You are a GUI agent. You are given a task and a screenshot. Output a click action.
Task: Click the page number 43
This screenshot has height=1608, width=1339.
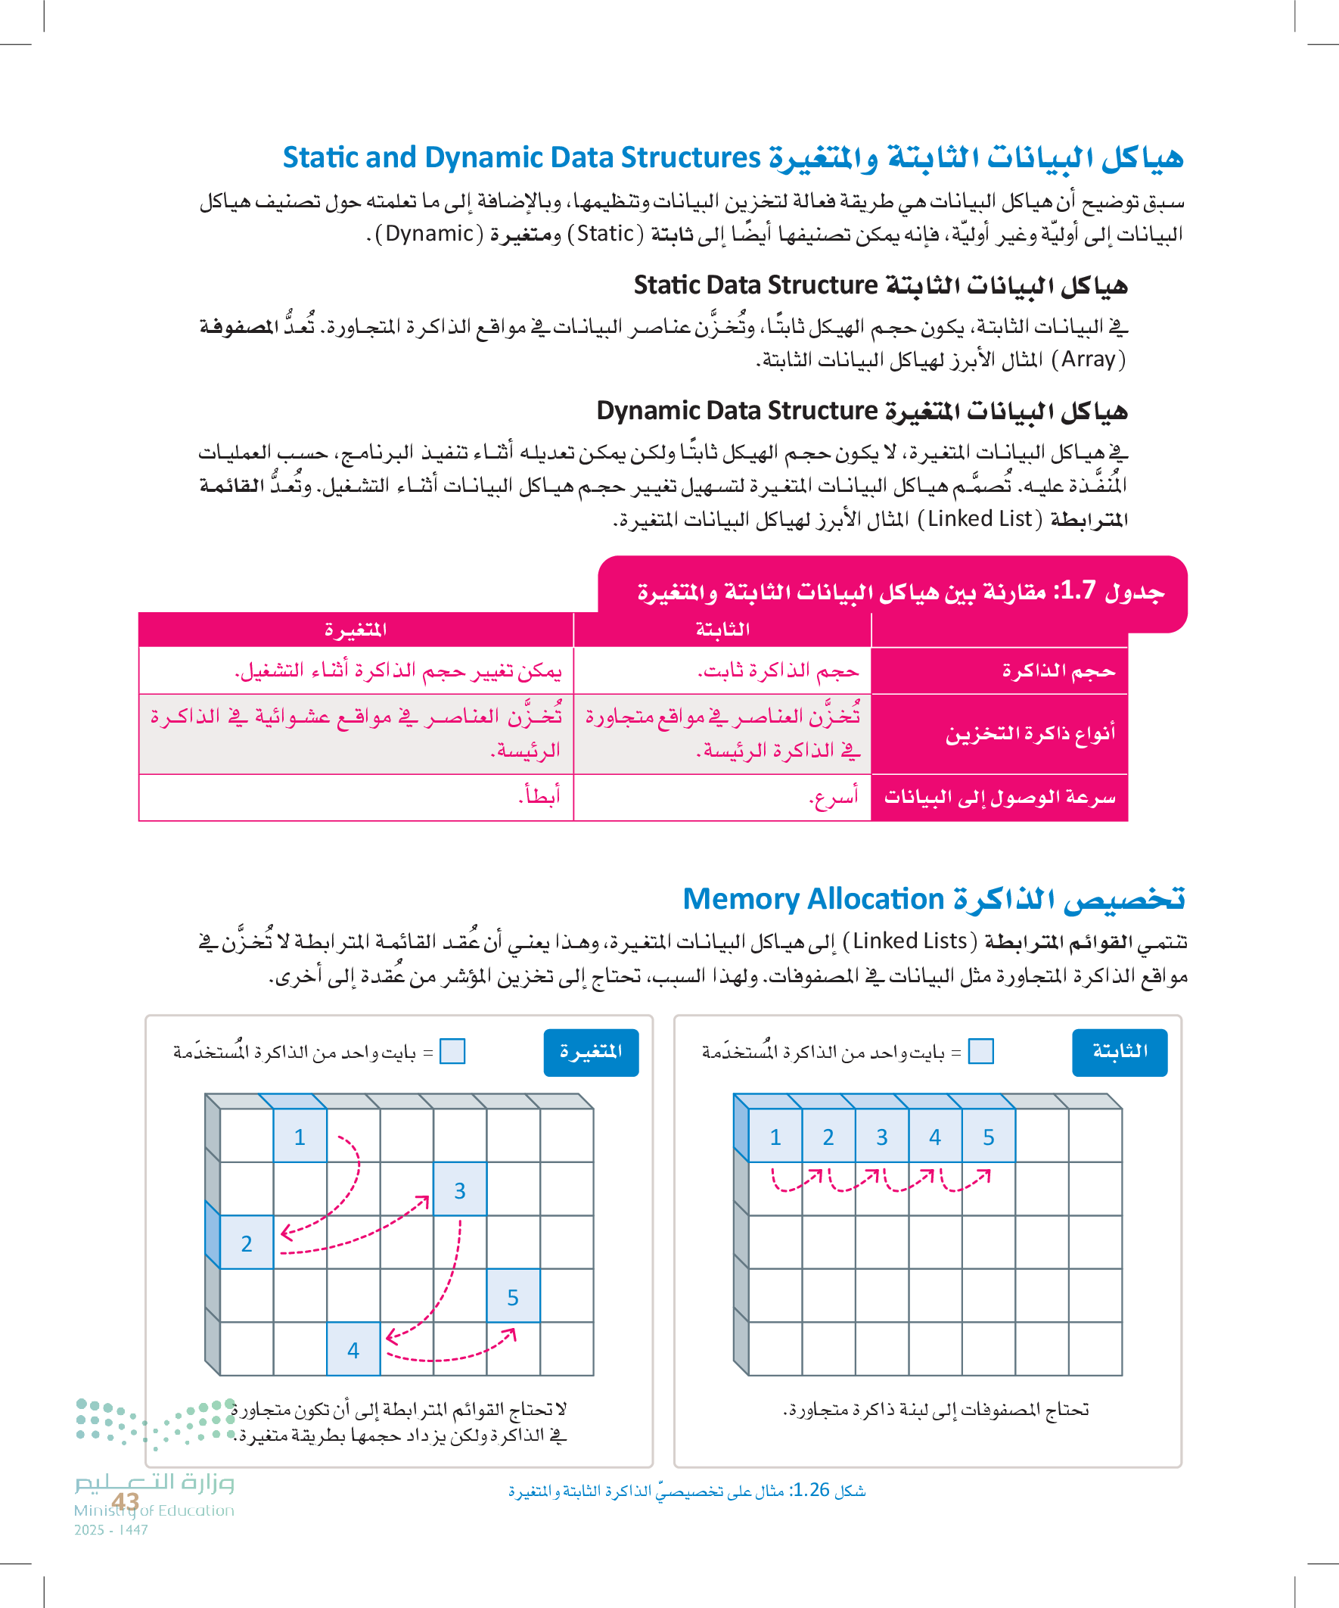[x=126, y=1501]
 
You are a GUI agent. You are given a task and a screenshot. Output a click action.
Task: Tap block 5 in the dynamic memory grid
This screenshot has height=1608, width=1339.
[x=513, y=1295]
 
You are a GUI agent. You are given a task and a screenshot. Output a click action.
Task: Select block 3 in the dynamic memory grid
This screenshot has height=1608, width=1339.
[x=459, y=1189]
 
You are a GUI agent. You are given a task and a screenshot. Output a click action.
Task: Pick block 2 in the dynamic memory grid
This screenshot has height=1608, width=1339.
[x=247, y=1243]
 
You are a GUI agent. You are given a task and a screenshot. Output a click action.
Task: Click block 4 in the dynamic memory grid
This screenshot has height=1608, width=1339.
[x=353, y=1349]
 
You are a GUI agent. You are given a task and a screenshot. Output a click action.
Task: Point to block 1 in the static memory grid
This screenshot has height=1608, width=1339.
[x=775, y=1137]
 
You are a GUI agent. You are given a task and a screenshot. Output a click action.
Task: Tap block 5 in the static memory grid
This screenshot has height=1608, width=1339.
[x=989, y=1137]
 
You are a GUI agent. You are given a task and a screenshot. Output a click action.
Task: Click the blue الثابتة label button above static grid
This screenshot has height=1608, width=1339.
[x=1120, y=1051]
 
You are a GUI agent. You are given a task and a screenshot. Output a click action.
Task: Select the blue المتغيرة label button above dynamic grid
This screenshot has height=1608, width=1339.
[x=591, y=1051]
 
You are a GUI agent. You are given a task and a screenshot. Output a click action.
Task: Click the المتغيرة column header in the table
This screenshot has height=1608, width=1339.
[x=356, y=630]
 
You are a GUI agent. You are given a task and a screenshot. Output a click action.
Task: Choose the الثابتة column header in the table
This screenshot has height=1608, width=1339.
[x=722, y=630]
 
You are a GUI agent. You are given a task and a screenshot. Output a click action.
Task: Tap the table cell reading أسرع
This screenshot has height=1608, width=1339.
[x=834, y=797]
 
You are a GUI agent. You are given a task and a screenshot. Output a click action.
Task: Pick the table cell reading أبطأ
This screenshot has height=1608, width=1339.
[x=539, y=796]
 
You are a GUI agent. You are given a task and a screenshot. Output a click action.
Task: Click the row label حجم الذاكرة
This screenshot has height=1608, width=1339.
[x=1059, y=670]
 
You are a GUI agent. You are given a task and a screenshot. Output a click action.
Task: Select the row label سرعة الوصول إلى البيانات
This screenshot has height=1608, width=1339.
[x=1000, y=797]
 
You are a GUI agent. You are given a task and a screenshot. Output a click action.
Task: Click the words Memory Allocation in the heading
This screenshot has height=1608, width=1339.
[x=813, y=899]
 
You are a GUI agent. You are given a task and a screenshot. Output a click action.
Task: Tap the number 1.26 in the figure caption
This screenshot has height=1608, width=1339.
[x=809, y=1489]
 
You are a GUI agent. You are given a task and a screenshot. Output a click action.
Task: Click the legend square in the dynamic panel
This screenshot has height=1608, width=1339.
[x=452, y=1051]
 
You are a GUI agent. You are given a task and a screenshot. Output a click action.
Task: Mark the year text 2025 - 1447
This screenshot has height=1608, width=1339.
[x=111, y=1530]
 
